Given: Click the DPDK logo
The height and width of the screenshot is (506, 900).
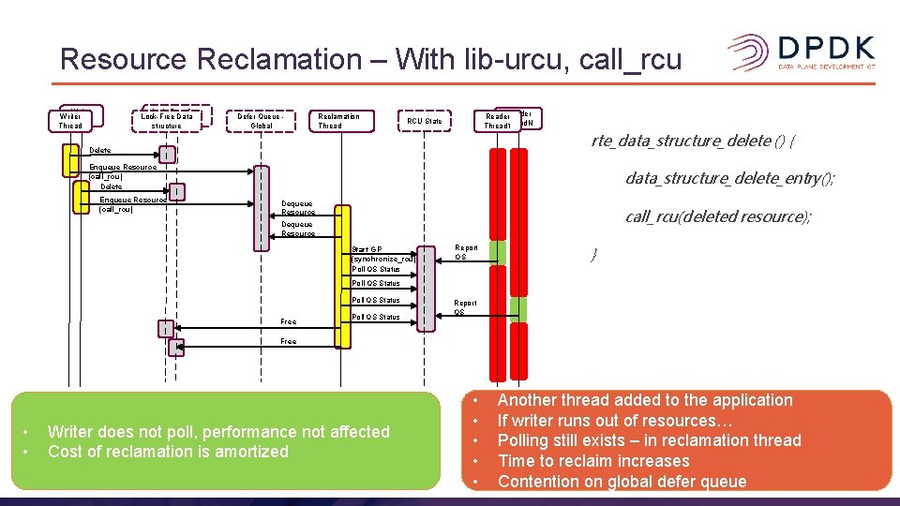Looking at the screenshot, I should click(801, 52).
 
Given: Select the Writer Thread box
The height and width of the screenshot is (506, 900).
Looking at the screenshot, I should click(70, 121).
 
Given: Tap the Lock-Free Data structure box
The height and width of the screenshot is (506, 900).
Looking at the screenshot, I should click(166, 121).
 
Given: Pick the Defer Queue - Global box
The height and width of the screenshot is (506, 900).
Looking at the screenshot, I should click(262, 121).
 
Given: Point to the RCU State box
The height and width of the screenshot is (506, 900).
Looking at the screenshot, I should click(425, 121).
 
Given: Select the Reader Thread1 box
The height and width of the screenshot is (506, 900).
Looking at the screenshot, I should click(497, 121).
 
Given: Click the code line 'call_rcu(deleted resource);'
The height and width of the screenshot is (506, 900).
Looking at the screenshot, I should click(718, 216).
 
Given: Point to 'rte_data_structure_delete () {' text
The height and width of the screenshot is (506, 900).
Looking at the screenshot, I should click(694, 141).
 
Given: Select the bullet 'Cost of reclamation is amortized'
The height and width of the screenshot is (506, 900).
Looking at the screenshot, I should click(168, 452).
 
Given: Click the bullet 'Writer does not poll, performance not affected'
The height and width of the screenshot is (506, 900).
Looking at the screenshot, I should click(217, 432).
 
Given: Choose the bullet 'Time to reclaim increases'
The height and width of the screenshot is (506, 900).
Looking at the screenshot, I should click(592, 461).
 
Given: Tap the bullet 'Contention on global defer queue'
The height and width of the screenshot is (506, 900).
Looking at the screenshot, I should click(622, 482).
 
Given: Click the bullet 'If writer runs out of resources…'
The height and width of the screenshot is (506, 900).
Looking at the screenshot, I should click(607, 421).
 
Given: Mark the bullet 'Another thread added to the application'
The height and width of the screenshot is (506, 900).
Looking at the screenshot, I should click(644, 400).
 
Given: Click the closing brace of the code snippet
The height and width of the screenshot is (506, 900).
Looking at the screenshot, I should click(592, 255).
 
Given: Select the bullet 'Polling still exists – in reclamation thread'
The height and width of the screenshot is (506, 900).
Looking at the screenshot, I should click(649, 440).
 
